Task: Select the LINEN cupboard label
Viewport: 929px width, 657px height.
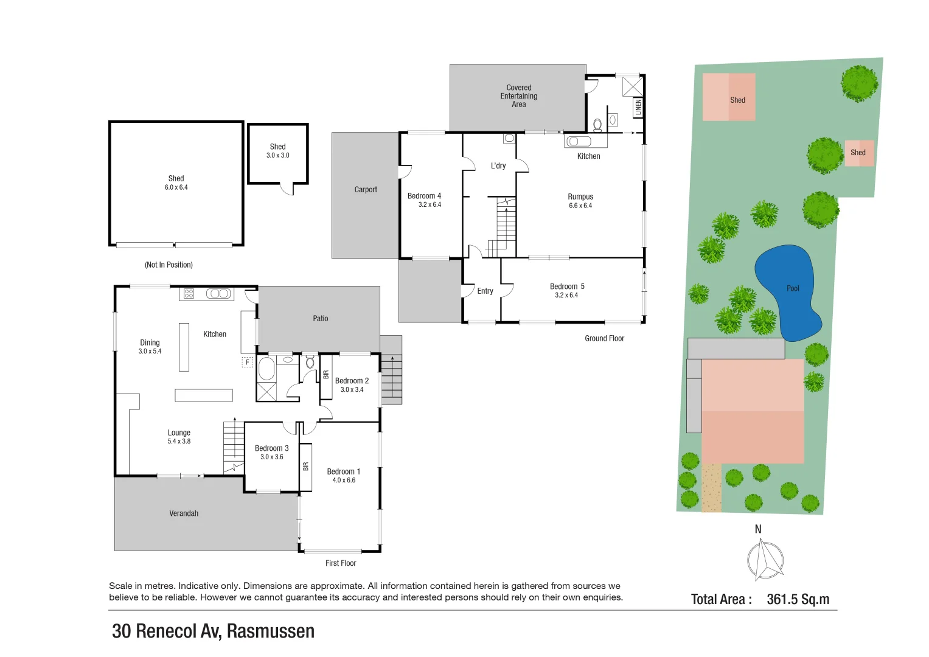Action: [x=638, y=107]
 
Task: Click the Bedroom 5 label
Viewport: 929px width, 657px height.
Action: [x=566, y=287]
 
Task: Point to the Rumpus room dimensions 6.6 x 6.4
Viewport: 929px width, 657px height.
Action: [x=580, y=206]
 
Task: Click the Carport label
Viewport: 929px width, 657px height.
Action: [x=366, y=190]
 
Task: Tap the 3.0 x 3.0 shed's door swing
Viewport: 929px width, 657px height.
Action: [x=287, y=189]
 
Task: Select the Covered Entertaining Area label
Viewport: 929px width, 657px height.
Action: [x=518, y=96]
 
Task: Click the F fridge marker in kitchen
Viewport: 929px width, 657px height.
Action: [x=248, y=362]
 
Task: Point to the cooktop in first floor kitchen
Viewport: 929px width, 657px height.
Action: [x=189, y=294]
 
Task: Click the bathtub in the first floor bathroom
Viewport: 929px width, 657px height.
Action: [x=266, y=369]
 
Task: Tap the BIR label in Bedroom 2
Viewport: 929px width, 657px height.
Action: [x=326, y=375]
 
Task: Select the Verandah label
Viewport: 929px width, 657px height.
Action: [x=184, y=513]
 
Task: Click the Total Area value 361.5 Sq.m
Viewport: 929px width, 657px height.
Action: [x=798, y=599]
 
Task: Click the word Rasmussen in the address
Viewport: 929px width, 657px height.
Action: [x=271, y=631]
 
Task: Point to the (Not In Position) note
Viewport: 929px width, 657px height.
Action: [x=169, y=265]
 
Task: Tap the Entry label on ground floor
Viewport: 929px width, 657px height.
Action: [x=485, y=291]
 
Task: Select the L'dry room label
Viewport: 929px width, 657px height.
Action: [x=498, y=165]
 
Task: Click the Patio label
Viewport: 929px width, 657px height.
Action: [x=321, y=319]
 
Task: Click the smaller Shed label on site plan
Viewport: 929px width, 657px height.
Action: [x=858, y=153]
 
